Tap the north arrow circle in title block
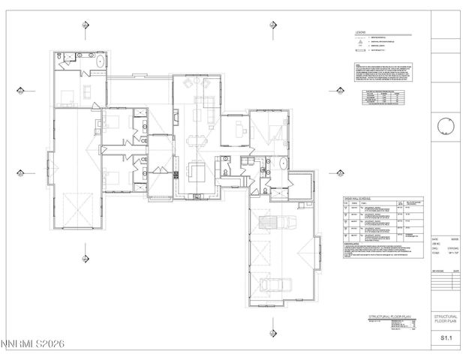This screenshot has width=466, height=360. coord(446,124)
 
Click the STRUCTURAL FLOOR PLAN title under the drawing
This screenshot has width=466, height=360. coord(389,318)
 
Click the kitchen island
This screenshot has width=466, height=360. coord(198,172)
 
